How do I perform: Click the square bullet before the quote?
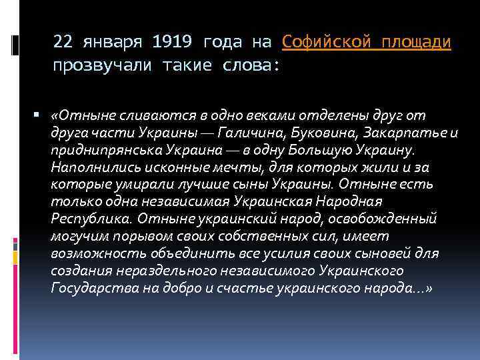pos(40,115)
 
